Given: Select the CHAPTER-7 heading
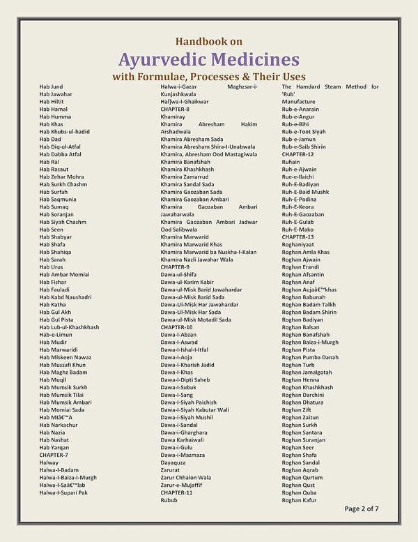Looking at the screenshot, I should point(54,455).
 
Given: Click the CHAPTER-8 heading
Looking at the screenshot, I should point(175,109).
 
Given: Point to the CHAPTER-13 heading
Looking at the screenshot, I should point(297,236).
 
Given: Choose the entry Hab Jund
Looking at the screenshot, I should point(51,86).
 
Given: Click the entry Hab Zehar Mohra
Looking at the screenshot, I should point(61,176).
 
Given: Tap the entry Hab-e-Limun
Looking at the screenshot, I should point(56,335).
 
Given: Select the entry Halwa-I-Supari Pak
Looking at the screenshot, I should point(63,492).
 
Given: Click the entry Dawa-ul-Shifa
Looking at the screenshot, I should point(178,274).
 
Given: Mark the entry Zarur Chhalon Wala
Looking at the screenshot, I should point(185,477).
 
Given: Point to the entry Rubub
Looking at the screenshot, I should point(169,500).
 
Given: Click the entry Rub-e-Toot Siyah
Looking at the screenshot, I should point(304,131).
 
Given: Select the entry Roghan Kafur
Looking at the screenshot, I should point(299,500).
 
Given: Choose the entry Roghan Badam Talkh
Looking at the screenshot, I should point(309,304).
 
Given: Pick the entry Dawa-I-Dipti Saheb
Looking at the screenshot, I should point(185,379).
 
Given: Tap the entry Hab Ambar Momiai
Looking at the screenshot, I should point(63,274).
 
